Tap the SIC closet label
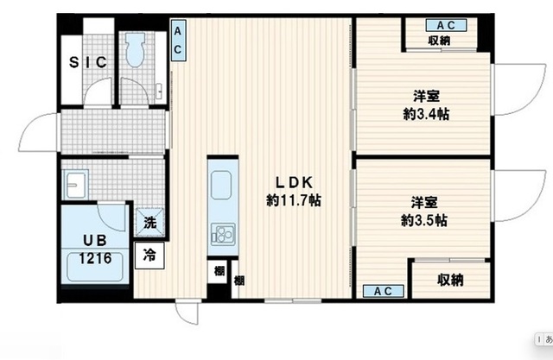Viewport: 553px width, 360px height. click(88, 62)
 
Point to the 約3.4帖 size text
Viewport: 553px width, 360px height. click(423, 113)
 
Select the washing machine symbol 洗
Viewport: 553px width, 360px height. click(150, 222)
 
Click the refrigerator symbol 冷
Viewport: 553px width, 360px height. click(149, 256)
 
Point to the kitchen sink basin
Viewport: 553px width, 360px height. click(220, 184)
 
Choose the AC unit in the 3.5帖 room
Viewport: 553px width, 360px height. click(382, 291)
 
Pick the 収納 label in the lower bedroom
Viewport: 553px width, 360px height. click(449, 280)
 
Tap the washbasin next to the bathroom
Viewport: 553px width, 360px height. click(75, 186)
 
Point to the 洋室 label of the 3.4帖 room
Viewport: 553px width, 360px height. click(423, 96)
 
